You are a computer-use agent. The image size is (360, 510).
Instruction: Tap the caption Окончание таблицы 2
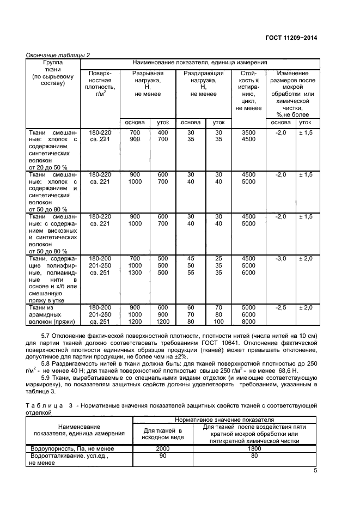(58, 54)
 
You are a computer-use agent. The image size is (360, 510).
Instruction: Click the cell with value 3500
(248, 133)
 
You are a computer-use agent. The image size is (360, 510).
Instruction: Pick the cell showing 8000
(248, 322)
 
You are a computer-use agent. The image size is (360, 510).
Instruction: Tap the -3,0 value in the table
(281, 258)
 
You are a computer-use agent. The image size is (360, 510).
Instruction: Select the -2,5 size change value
(281, 308)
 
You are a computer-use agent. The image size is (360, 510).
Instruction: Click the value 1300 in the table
(135, 272)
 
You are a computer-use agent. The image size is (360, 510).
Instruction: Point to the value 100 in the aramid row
(218, 322)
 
